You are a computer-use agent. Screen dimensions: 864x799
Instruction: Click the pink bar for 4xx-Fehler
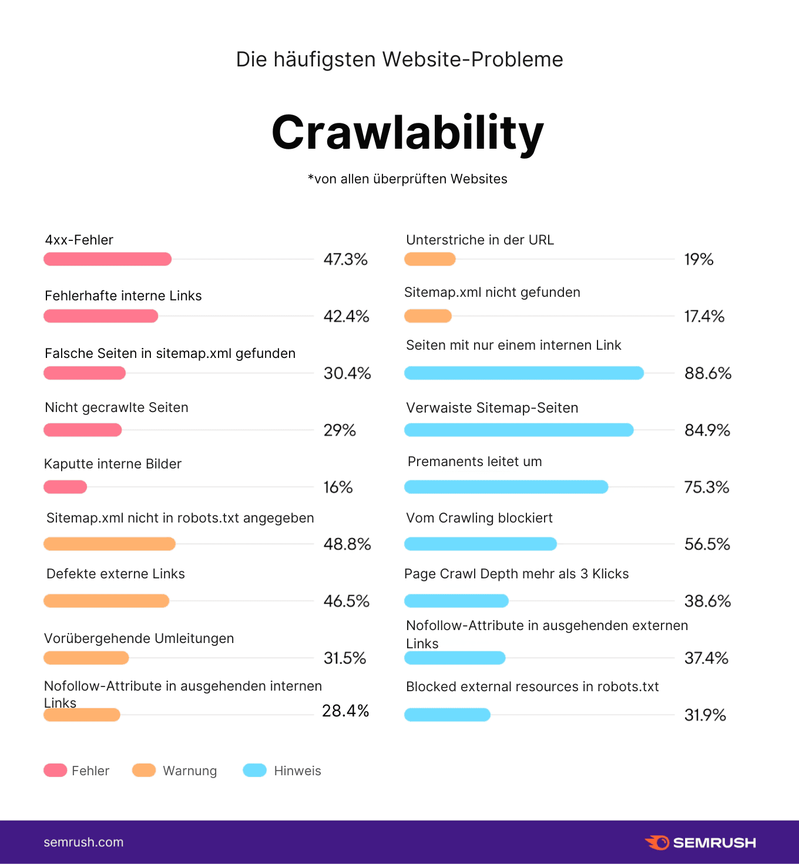point(108,259)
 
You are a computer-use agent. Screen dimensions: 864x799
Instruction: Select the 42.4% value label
point(346,316)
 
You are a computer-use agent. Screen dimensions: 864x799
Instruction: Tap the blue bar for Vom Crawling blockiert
point(480,544)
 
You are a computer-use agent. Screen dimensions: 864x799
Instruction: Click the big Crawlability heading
point(407,133)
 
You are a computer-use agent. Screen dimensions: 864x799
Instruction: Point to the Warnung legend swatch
point(144,770)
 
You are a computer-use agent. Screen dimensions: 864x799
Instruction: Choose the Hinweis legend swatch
point(255,770)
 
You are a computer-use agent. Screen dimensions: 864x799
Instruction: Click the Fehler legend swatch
point(55,770)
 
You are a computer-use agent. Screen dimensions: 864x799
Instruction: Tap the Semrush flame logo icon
point(657,842)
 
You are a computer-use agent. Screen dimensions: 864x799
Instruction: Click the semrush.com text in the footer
point(83,842)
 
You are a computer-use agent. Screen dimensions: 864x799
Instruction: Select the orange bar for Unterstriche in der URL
point(429,259)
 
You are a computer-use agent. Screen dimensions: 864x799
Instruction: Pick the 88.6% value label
point(708,373)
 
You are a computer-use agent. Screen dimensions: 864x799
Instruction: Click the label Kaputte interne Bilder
point(113,464)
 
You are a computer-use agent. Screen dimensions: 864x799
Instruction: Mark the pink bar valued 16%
point(65,487)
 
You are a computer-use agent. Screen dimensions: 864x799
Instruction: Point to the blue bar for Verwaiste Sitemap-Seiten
point(519,430)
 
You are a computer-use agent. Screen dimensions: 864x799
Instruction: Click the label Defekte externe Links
point(116,574)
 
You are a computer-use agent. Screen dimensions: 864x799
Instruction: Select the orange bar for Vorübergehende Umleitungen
point(86,658)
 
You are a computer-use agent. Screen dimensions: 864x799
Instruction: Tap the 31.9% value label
point(705,715)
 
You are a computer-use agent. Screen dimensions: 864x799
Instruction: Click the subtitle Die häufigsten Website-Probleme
point(399,59)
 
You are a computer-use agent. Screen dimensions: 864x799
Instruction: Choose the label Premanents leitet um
point(475,461)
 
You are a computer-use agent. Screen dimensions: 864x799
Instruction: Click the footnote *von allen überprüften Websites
point(407,179)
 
